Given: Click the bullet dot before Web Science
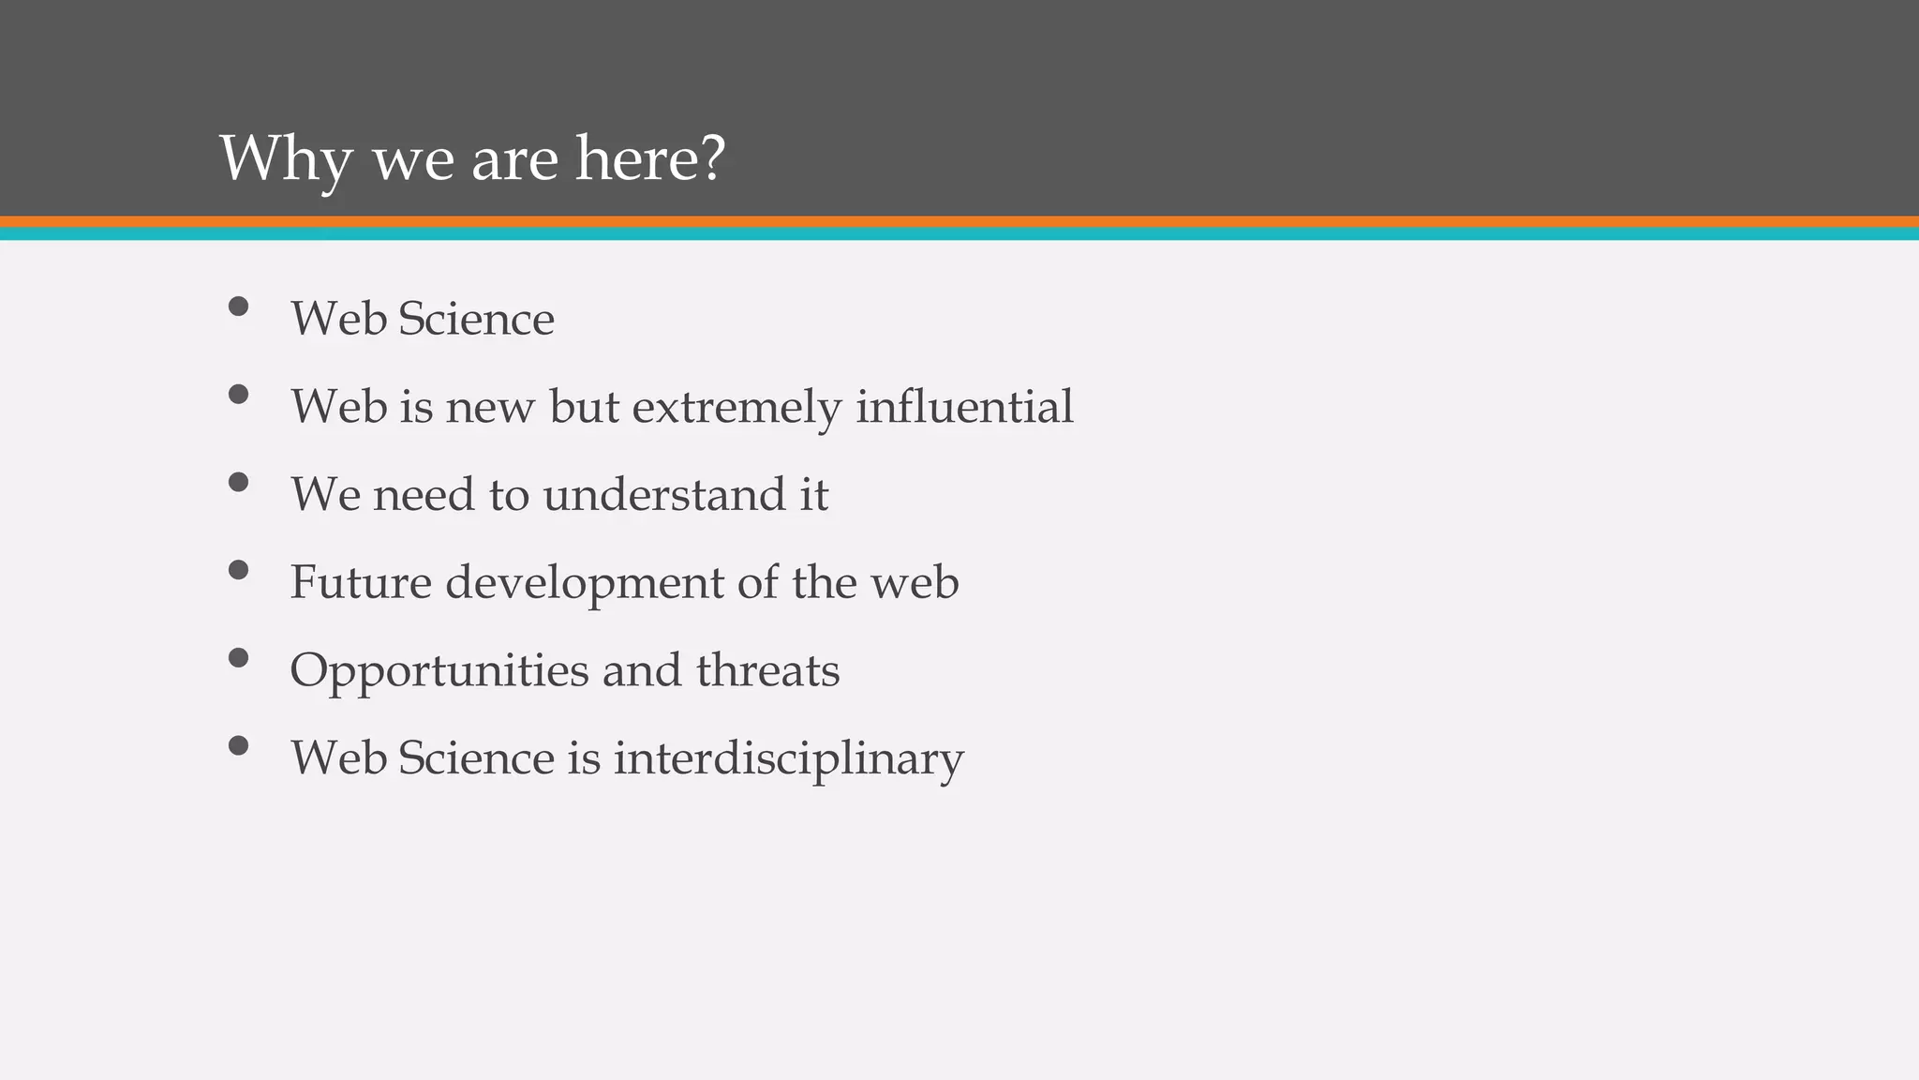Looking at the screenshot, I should pos(238,307).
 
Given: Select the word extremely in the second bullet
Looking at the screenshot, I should pos(736,408).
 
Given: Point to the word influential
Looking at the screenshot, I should pos(964,406).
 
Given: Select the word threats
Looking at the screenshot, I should pos(767,670).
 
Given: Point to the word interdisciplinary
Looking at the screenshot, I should pos(788,758).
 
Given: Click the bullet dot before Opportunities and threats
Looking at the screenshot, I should pos(238,658).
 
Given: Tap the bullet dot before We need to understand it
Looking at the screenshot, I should pos(238,482).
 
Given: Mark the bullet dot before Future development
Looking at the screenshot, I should pos(238,570).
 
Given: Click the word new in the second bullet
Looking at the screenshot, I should pos(489,408).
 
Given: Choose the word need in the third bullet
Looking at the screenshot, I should pos(424,494).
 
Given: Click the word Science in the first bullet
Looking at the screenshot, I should pos(476,319).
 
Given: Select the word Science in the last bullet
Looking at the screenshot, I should pos(476,757).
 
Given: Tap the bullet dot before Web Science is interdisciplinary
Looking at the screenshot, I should pos(238,745).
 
